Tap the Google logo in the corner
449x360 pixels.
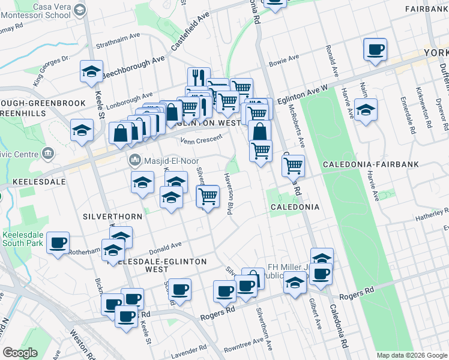point(20,353)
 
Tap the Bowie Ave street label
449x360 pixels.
point(284,60)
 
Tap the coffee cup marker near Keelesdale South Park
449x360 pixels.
point(59,244)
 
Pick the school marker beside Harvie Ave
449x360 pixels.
point(365,111)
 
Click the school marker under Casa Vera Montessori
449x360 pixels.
point(91,73)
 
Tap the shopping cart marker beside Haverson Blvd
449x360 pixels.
point(208,196)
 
